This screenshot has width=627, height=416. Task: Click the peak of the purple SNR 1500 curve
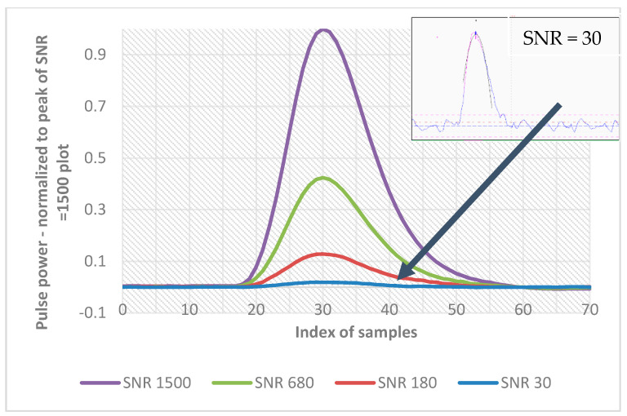pos(324,30)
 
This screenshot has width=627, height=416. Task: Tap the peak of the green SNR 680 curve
pos(323,178)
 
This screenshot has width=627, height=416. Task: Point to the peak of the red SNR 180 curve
pos(322,254)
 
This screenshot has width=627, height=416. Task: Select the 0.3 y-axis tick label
pos(99,210)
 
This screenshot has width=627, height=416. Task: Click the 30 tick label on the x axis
pos(323,311)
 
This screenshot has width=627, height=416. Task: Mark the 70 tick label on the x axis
pos(589,311)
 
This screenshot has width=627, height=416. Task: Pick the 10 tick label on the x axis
pos(189,311)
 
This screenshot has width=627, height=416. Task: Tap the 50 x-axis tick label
pos(456,311)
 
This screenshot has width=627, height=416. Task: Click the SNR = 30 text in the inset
pos(563,38)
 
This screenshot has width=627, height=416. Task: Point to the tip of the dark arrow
pos(398,279)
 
